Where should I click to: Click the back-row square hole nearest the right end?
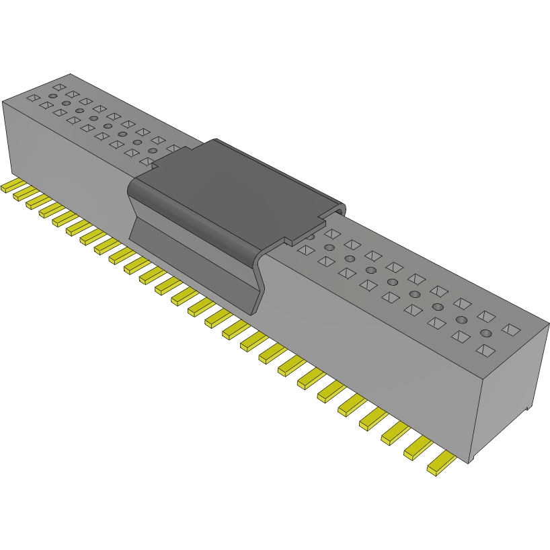(511, 329)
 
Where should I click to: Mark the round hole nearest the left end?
(52, 96)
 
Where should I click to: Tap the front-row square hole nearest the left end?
(32, 98)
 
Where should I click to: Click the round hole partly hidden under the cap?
(311, 237)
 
